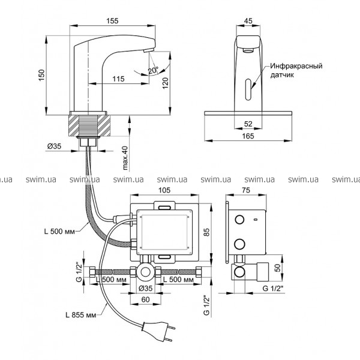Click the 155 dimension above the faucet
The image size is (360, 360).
112,20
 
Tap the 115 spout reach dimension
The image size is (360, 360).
118,79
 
